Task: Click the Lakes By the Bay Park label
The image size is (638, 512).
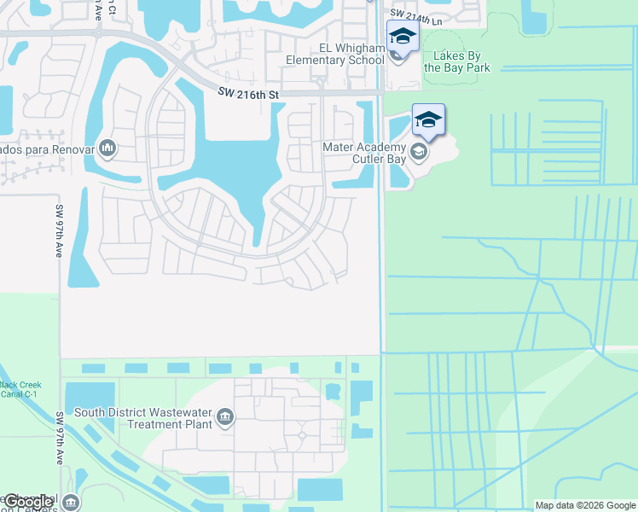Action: coord(461,61)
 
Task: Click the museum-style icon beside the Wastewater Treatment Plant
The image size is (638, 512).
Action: coord(225,417)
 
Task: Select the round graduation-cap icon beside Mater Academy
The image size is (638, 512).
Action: coord(418,153)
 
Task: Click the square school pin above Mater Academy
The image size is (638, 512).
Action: coord(428,120)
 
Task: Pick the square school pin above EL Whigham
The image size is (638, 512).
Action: coord(402,37)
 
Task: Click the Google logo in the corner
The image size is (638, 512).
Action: coord(27,502)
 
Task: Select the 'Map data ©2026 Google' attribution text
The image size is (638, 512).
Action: coord(585,505)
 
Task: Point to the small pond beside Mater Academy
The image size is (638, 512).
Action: coord(397,162)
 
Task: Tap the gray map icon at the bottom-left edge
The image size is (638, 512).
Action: coord(70,502)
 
